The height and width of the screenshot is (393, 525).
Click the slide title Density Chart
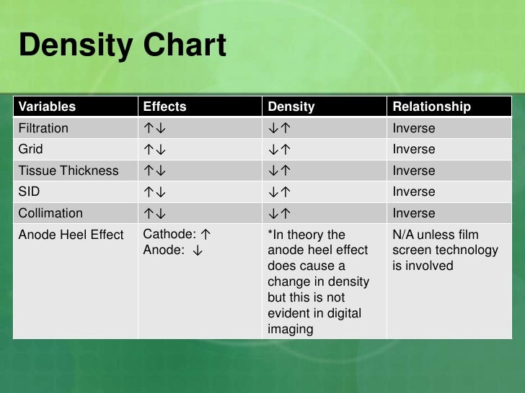[122, 46]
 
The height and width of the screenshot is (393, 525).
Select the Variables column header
[47, 107]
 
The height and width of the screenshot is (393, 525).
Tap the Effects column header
[164, 107]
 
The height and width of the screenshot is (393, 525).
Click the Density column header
[291, 107]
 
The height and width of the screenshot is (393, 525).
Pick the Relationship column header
[431, 107]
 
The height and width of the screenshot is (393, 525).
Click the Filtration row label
[43, 128]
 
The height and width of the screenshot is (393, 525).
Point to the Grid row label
[30, 149]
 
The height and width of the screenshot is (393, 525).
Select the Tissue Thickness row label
[68, 171]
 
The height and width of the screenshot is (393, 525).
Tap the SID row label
[30, 191]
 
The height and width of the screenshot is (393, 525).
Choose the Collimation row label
[50, 213]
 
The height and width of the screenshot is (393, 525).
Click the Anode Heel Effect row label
[71, 235]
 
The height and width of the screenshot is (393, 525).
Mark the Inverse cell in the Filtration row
[414, 128]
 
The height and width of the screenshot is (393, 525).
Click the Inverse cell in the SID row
[414, 191]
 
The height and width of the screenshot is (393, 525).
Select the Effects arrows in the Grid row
[155, 150]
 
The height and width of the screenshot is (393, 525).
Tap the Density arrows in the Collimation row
[279, 214]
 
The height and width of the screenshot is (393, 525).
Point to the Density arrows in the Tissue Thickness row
[279, 171]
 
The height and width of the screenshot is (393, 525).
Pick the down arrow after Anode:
[196, 250]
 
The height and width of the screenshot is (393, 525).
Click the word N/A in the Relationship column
[404, 235]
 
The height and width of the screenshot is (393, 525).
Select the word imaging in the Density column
[291, 329]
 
